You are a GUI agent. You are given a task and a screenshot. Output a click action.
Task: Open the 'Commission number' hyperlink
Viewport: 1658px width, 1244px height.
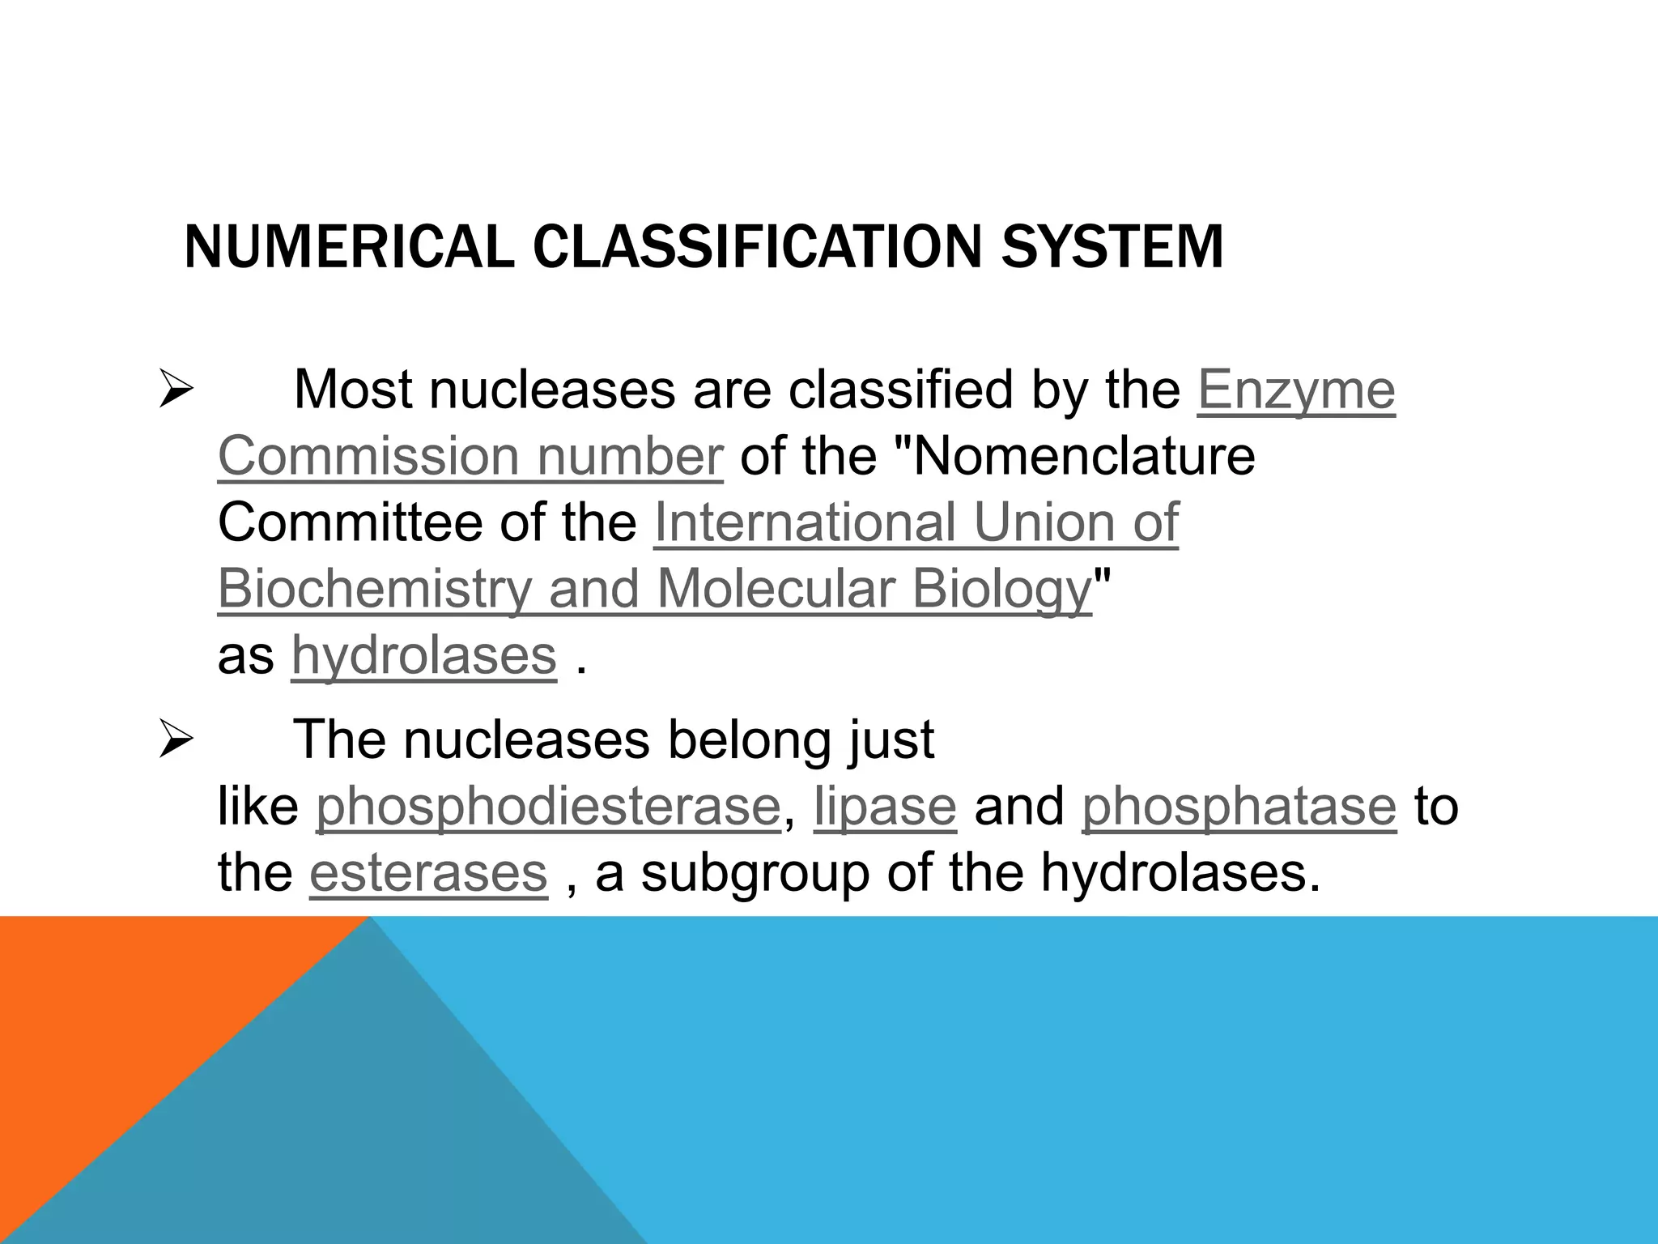coord(470,456)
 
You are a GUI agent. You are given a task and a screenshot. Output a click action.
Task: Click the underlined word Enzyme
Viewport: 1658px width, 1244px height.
coord(1296,390)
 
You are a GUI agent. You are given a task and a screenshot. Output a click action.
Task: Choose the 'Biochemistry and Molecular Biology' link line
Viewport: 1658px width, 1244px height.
coord(655,589)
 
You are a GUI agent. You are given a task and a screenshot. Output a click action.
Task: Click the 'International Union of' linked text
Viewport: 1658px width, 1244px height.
coord(916,522)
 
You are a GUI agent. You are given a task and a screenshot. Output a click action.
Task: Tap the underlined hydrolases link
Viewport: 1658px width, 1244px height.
coord(424,655)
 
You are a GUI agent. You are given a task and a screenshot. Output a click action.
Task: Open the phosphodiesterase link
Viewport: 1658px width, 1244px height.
coord(548,807)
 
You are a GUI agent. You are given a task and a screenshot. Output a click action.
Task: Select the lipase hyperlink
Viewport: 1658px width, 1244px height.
coord(885,807)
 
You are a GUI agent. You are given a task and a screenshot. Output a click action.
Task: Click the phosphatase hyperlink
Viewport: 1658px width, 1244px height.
coord(1239,807)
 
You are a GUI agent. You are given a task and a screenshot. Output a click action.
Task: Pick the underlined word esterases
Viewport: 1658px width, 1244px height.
coord(428,873)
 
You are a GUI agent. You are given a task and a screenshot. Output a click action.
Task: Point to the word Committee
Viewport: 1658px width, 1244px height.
coord(349,522)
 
